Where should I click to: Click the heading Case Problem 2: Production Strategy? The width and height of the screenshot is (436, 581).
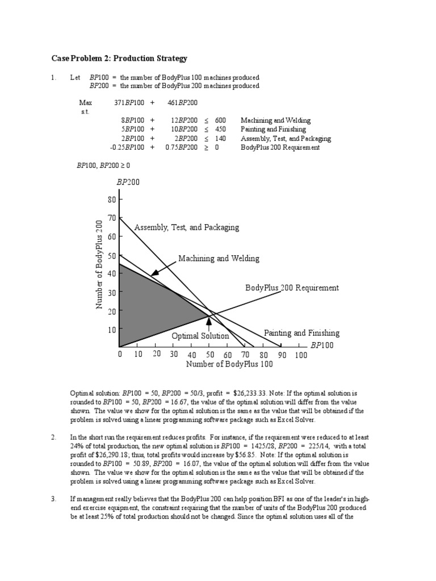click(119, 58)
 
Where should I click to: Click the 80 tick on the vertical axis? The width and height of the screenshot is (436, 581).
click(111, 200)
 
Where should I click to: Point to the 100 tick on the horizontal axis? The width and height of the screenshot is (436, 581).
click(301, 355)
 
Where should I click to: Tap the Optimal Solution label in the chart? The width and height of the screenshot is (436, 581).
click(200, 336)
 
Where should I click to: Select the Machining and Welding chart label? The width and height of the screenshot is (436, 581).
click(219, 259)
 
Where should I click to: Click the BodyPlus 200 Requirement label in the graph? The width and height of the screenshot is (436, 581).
click(292, 288)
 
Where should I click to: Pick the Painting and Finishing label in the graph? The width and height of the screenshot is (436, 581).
click(301, 333)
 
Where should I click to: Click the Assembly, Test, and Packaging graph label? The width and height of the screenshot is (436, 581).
click(187, 228)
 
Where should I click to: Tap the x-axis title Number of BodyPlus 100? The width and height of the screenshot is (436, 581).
click(229, 364)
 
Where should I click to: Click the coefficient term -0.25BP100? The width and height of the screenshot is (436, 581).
click(127, 148)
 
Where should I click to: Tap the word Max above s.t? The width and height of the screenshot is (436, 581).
click(85, 103)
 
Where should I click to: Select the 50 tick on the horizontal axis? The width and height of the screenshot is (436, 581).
click(210, 355)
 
